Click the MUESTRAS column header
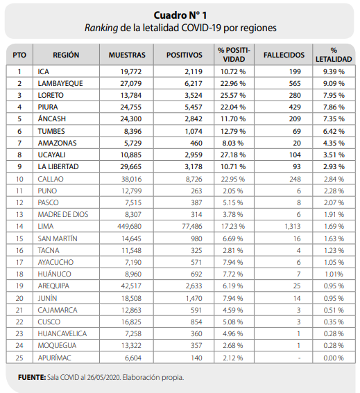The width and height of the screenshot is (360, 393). (x=127, y=55)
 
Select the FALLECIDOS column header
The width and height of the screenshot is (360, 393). (x=284, y=55)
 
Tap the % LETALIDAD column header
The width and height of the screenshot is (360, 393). (x=334, y=55)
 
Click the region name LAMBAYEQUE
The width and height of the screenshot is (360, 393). (x=60, y=83)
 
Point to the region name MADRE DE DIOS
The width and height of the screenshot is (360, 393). (x=63, y=215)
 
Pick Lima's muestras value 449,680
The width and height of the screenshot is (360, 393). (x=130, y=227)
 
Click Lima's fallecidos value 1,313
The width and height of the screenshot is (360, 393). (x=293, y=227)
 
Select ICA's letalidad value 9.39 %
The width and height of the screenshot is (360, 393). (x=334, y=71)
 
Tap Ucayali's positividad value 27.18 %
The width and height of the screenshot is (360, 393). (x=233, y=155)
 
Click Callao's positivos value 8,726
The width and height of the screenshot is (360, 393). (x=194, y=180)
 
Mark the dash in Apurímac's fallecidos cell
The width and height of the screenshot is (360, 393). (x=299, y=358)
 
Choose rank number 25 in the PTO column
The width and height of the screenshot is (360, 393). (x=19, y=358)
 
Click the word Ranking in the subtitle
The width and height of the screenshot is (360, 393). (x=101, y=28)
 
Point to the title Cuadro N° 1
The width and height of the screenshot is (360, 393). (x=180, y=15)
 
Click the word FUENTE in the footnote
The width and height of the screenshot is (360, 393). (x=32, y=378)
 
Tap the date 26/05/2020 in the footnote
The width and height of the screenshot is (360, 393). (x=103, y=378)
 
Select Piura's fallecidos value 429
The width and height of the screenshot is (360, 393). (x=295, y=107)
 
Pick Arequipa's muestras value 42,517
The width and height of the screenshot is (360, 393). (x=131, y=286)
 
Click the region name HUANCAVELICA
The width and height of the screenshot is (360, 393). (x=62, y=334)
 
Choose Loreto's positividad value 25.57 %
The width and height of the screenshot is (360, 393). (x=233, y=95)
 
